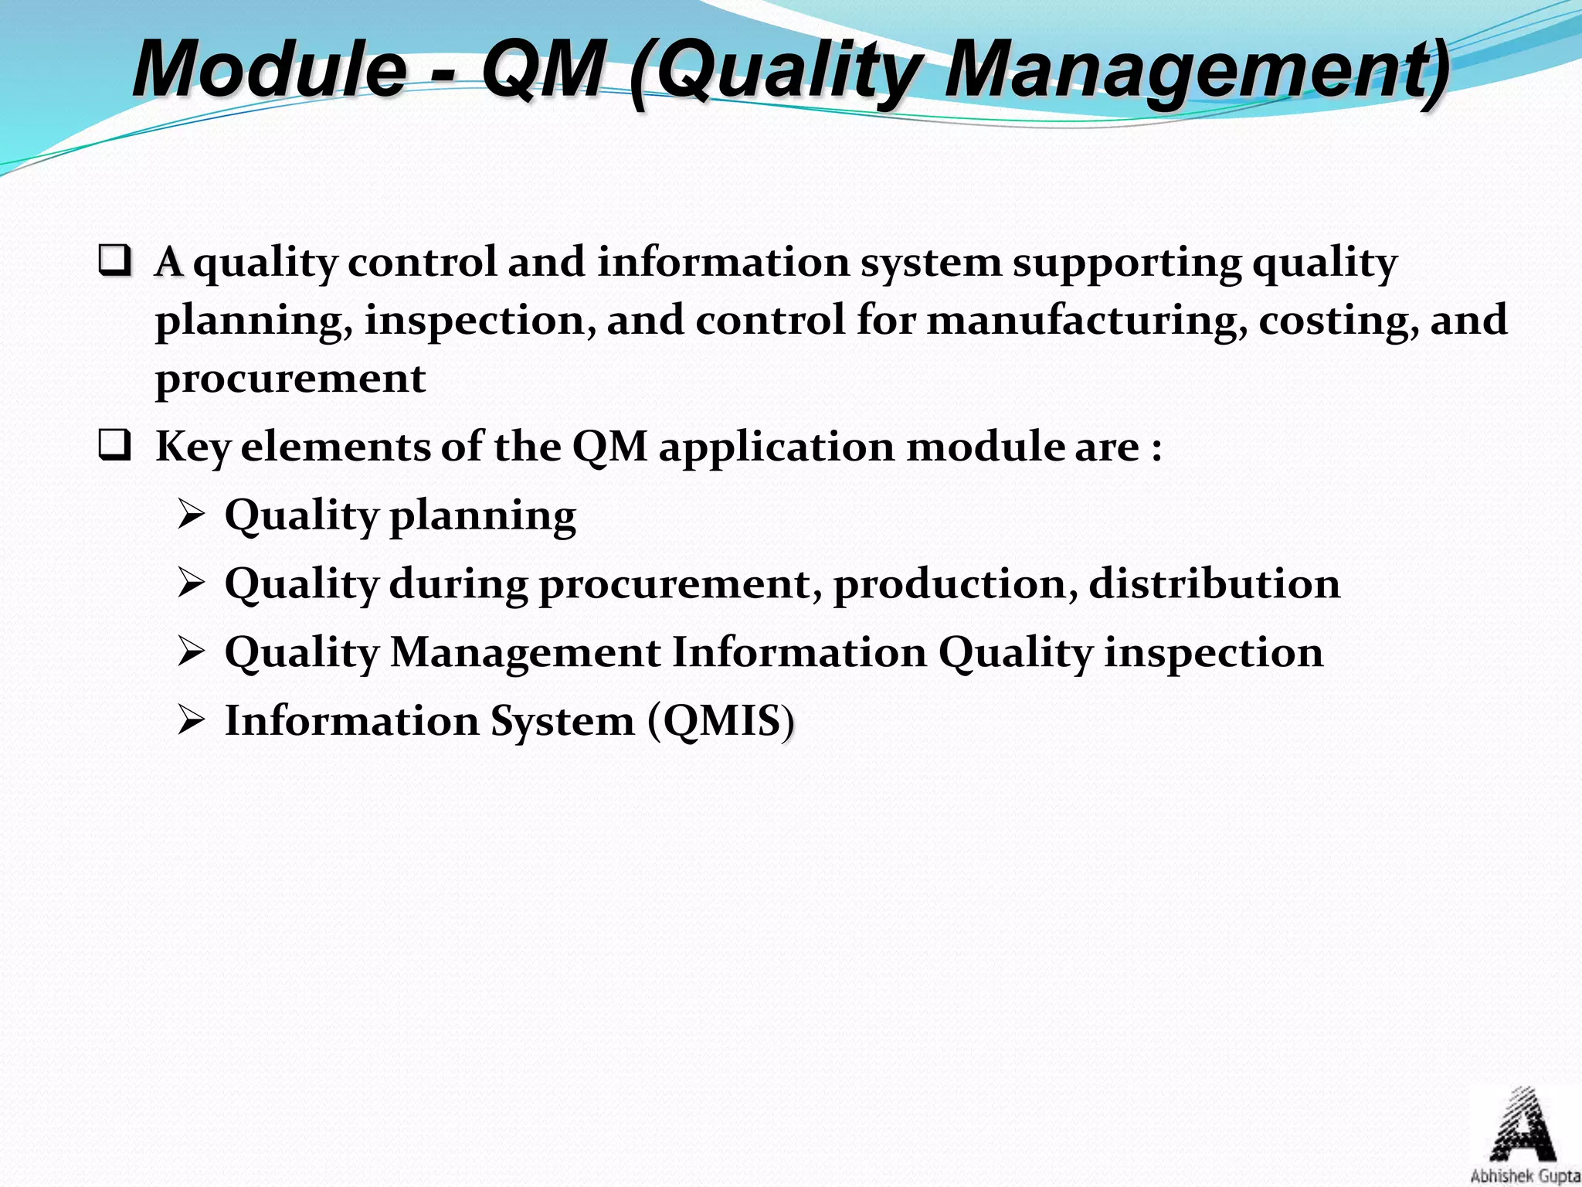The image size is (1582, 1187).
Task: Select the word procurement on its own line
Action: pos(290,379)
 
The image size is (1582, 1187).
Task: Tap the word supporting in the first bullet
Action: pos(1126,263)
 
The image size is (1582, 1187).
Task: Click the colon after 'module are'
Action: pos(1156,448)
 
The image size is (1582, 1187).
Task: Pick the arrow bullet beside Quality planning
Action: pos(190,515)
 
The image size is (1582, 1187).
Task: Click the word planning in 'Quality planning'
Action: pos(483,516)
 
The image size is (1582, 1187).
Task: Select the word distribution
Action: pos(1214,583)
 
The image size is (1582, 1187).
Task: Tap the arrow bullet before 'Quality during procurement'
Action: pos(190,583)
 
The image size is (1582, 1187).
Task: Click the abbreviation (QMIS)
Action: pos(721,721)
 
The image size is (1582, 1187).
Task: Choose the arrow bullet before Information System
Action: pos(190,721)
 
